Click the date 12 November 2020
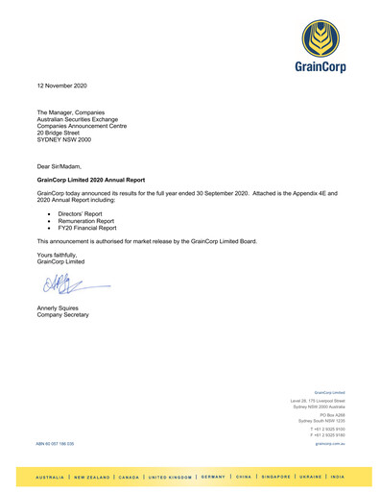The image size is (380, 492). coord(61,86)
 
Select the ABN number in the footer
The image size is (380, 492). coord(55,444)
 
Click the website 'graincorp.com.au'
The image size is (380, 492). coord(330,444)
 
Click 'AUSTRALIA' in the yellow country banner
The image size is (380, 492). coord(50,477)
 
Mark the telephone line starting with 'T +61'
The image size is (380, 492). coord(328,429)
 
